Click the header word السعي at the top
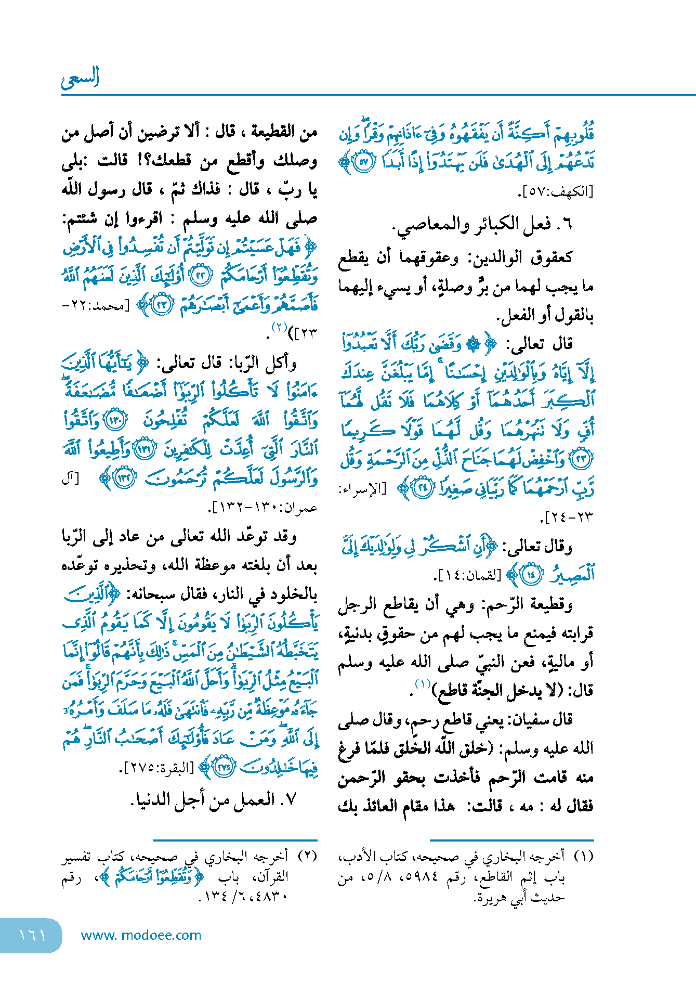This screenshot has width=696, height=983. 80,78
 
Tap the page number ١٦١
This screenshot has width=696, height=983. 32,935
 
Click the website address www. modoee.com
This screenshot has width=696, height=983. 141,935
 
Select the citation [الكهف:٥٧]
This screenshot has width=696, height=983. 555,192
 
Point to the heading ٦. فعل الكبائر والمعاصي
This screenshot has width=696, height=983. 481,224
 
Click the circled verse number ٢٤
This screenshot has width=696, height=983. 424,488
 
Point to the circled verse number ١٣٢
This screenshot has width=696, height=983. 125,477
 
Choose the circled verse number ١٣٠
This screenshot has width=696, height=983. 115,420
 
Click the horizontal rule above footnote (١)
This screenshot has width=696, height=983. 511,839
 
